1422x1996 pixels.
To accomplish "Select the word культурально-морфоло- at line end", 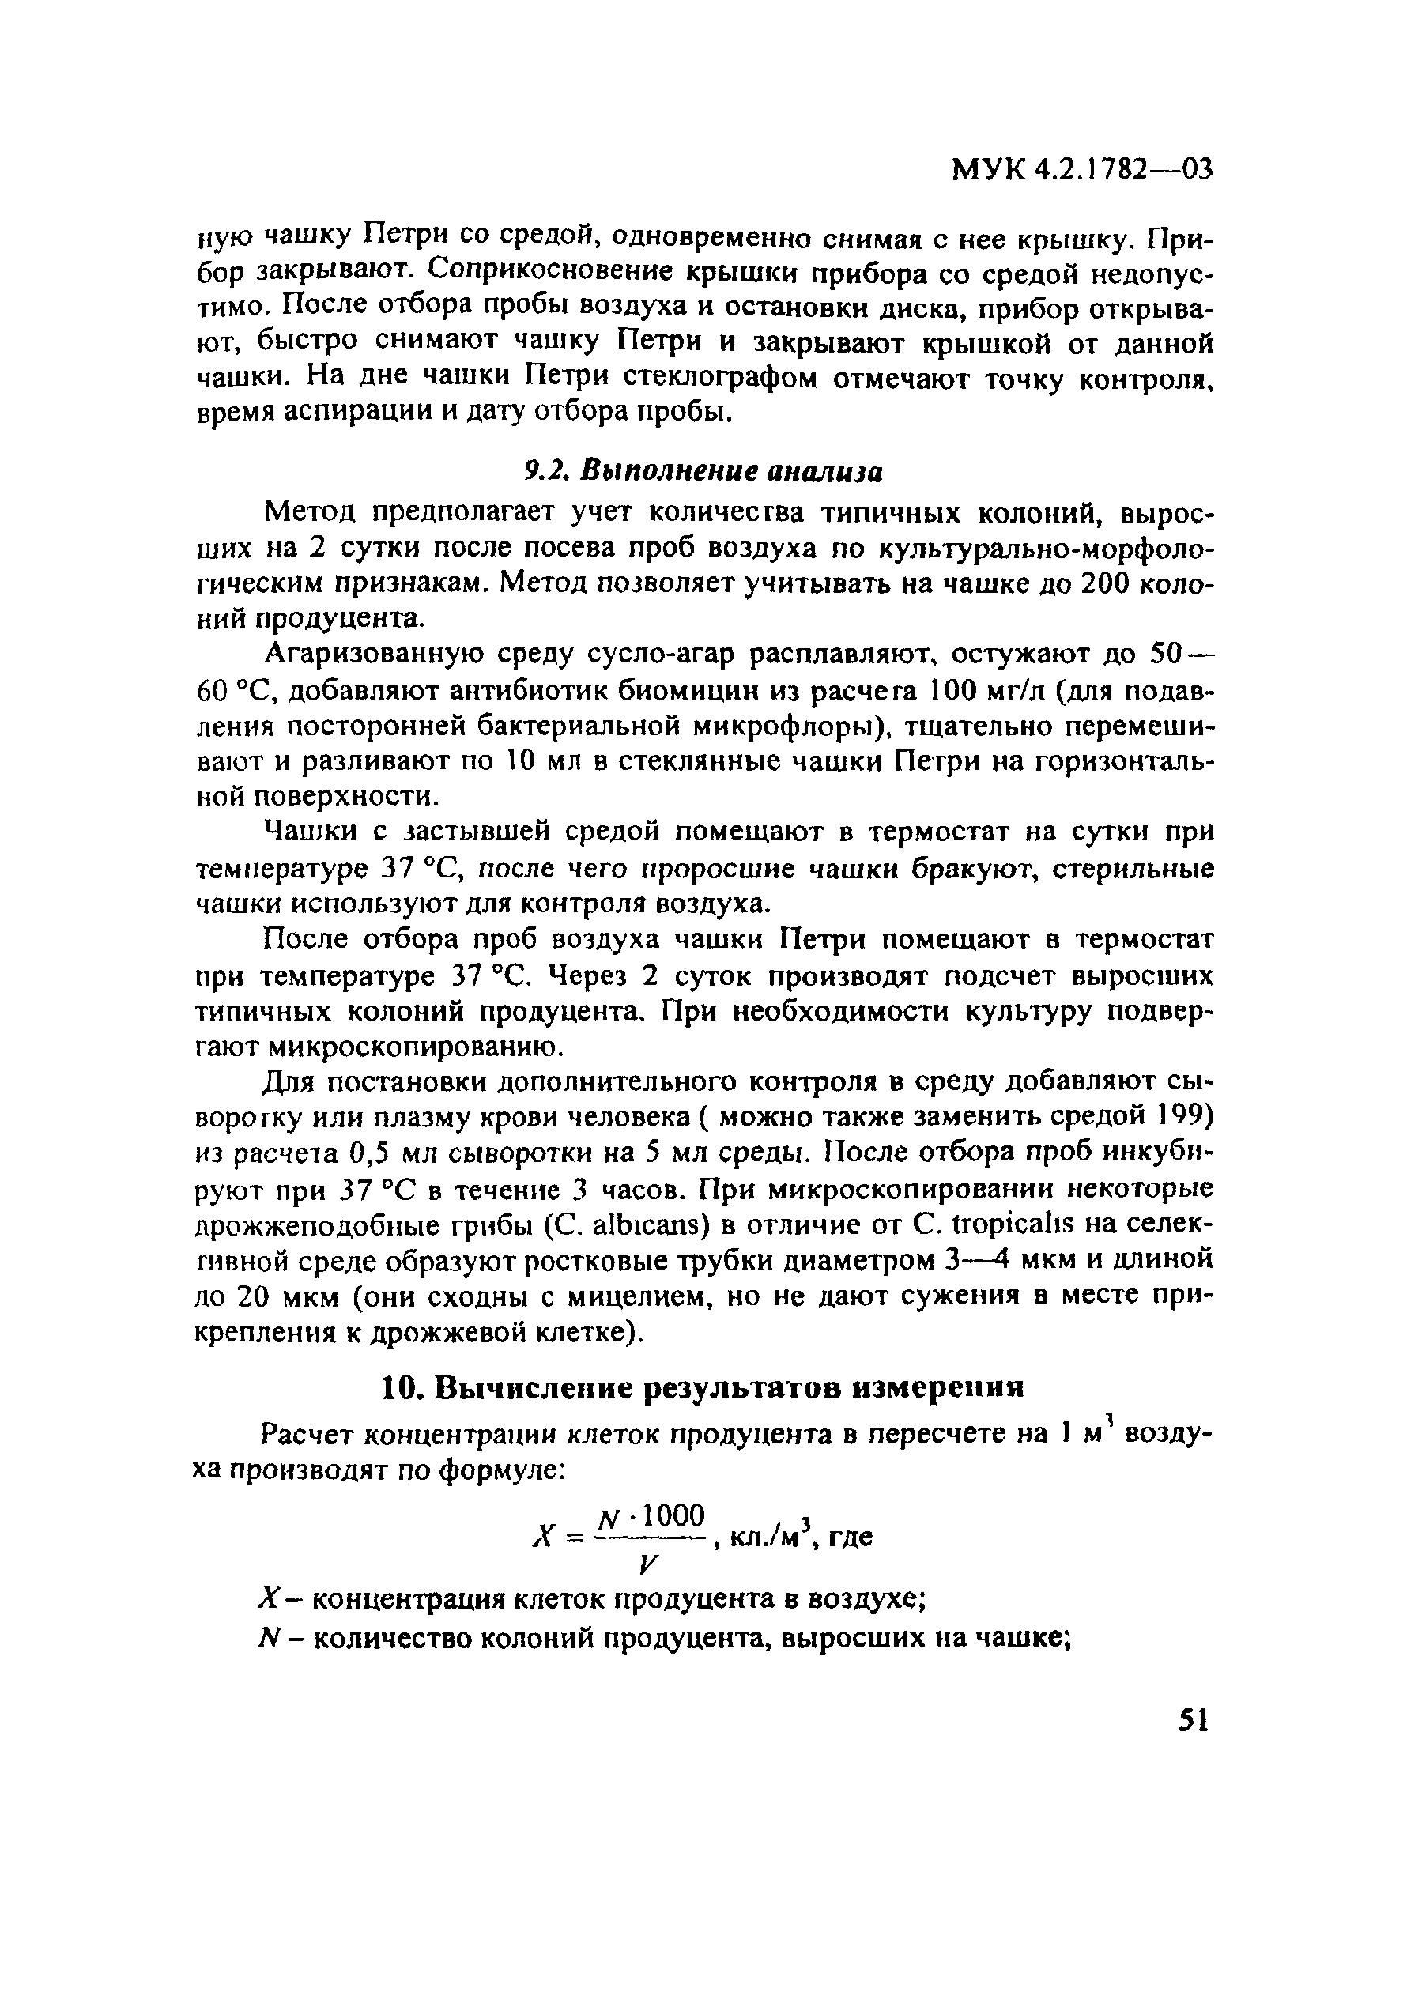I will (x=1047, y=548).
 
